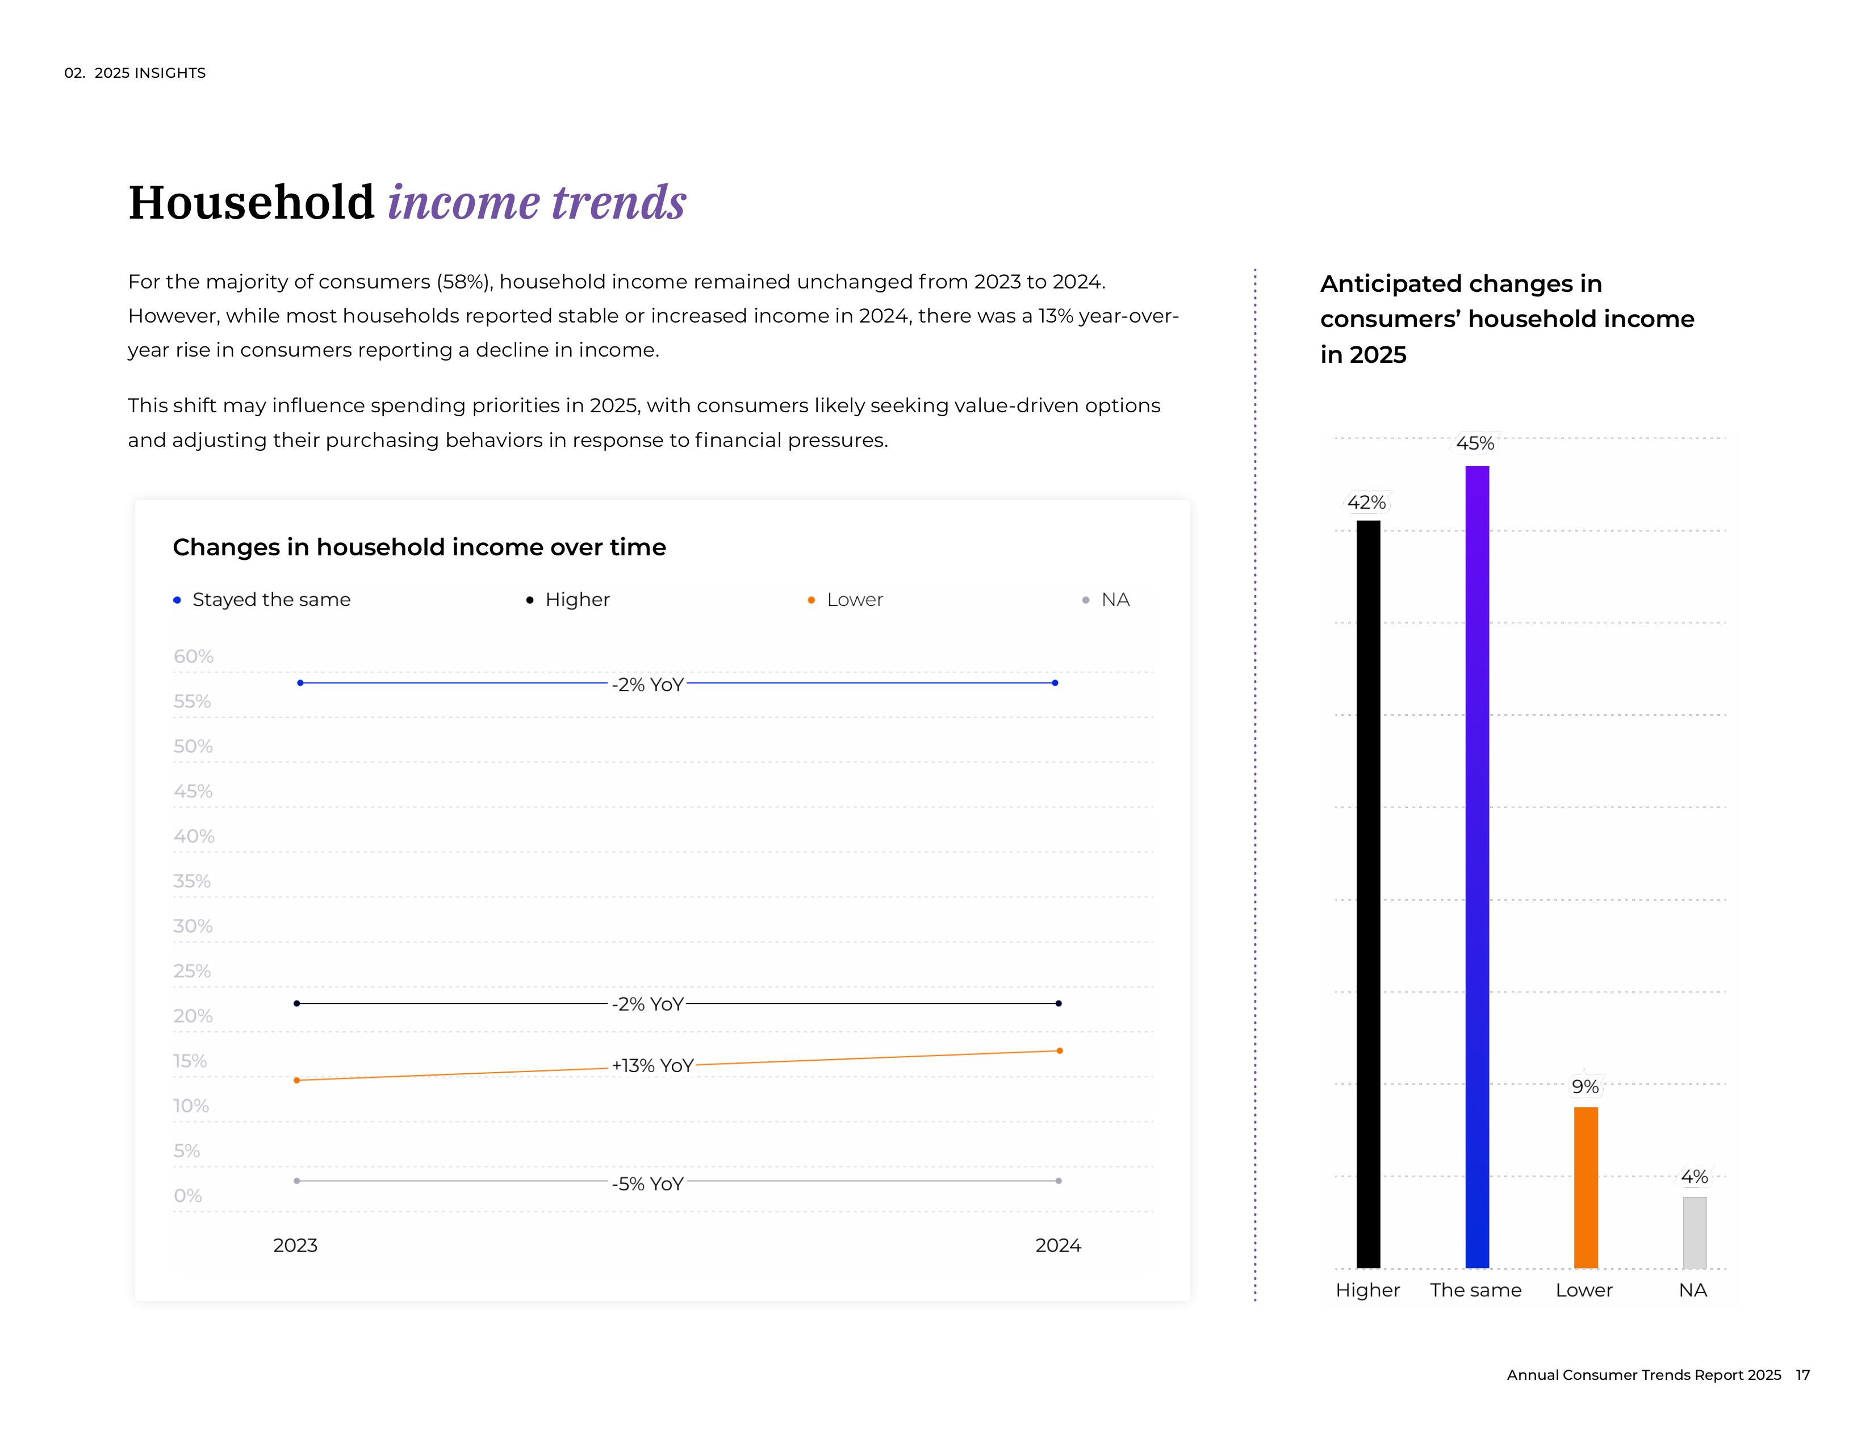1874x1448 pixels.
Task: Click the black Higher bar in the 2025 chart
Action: (1368, 892)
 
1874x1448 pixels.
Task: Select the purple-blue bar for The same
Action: (1476, 867)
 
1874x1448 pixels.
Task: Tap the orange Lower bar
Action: (1586, 1187)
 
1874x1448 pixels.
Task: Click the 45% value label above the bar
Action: (1475, 443)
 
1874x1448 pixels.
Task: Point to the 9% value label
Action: (1585, 1087)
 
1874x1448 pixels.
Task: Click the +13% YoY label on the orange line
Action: (652, 1065)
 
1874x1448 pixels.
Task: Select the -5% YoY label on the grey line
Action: (648, 1184)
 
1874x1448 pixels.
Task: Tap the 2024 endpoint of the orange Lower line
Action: (1060, 1051)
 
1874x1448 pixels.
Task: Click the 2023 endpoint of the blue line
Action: (300, 683)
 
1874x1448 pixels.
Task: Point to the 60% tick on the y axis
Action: (193, 656)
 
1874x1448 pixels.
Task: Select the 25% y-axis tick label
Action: (192, 971)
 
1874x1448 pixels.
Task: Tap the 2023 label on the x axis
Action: (295, 1245)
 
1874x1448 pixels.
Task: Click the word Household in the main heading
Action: (252, 203)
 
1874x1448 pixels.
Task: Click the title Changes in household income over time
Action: (419, 547)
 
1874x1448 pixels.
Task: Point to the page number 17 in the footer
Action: (1803, 1375)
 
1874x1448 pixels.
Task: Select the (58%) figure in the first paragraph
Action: (464, 282)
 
